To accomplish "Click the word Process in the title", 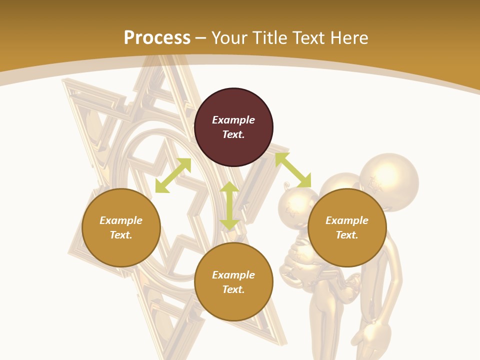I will [157, 37].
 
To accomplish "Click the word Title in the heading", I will [270, 37].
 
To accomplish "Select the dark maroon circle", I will [233, 127].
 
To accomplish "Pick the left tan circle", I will [121, 227].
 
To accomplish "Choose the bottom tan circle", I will [233, 282].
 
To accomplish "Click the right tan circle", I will [347, 227].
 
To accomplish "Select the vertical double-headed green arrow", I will [229, 205].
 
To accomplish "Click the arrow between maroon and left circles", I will [173, 175].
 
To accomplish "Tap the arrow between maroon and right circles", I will [293, 170].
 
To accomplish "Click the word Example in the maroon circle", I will [233, 120].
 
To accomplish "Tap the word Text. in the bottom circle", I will [233, 289].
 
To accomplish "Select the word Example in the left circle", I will [121, 220].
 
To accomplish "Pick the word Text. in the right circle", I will [347, 235].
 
